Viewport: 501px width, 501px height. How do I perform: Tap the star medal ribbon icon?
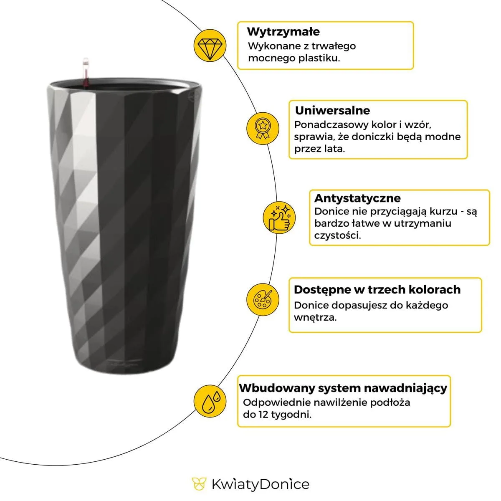tap(263, 128)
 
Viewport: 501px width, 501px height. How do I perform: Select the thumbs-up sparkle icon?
tap(279, 218)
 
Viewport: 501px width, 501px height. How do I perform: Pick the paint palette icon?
tap(263, 300)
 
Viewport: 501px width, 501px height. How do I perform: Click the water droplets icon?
tap(210, 401)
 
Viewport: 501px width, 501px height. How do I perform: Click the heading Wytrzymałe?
tap(283, 32)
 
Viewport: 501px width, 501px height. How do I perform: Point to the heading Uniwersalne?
tap(332, 111)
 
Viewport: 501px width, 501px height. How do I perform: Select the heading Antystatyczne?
tap(357, 198)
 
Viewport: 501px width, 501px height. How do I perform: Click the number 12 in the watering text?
tap(263, 415)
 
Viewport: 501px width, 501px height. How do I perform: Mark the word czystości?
tap(337, 235)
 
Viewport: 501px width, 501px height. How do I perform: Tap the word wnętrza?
tap(315, 317)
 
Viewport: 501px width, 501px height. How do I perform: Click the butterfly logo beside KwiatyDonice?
tap(199, 483)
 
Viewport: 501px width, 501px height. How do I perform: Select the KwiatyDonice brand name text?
tap(261, 484)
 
